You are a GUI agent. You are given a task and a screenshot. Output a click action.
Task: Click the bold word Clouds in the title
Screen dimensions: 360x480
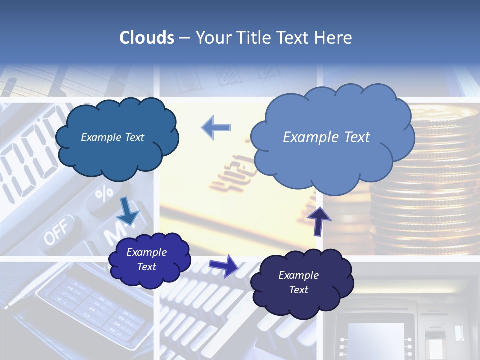click(x=147, y=38)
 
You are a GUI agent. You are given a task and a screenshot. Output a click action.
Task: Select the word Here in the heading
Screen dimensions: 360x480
click(x=334, y=38)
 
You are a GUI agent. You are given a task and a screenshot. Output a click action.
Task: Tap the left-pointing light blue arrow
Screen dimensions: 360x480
click(x=216, y=128)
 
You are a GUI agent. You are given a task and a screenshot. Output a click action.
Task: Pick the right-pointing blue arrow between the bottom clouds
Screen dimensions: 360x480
click(x=224, y=265)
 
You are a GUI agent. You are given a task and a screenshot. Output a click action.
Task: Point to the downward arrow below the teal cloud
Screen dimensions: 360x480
click(x=128, y=211)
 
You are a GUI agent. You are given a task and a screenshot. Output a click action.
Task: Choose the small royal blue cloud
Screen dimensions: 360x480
click(x=149, y=259)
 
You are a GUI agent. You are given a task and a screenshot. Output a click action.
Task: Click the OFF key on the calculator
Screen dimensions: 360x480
click(x=56, y=233)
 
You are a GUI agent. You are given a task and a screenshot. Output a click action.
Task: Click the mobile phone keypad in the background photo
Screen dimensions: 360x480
click(x=90, y=305)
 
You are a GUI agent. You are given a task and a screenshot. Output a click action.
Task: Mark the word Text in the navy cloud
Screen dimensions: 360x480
click(x=299, y=290)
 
